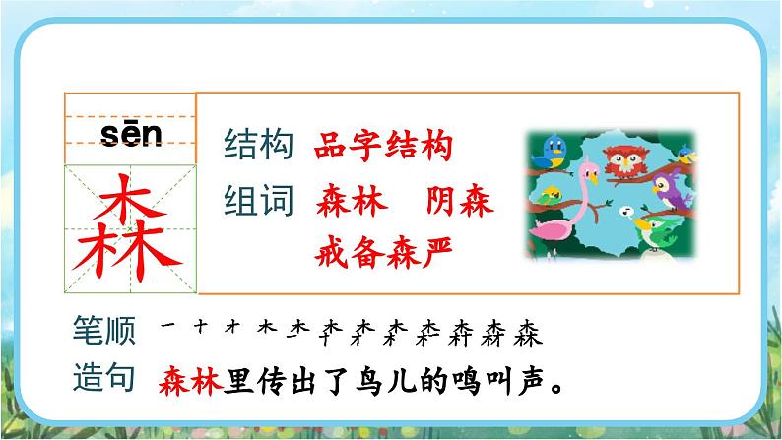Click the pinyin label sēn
coord(130,135)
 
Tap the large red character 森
coord(131,226)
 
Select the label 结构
coord(259,148)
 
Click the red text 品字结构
coord(384,148)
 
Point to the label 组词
coord(259,202)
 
